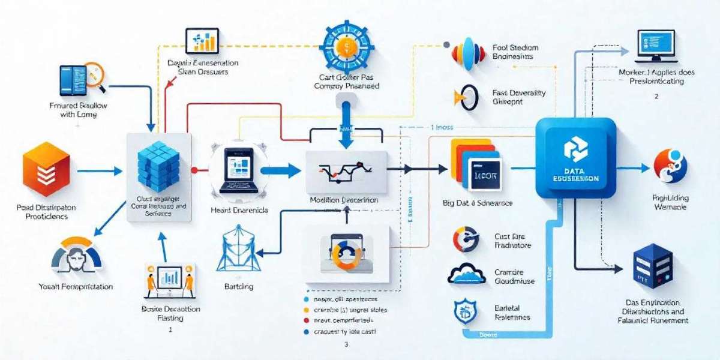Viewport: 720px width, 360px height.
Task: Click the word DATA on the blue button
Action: click(575, 172)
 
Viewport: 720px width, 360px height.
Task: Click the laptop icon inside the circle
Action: click(238, 170)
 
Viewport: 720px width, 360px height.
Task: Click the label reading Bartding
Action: click(238, 287)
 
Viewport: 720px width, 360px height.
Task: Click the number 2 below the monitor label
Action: click(656, 96)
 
